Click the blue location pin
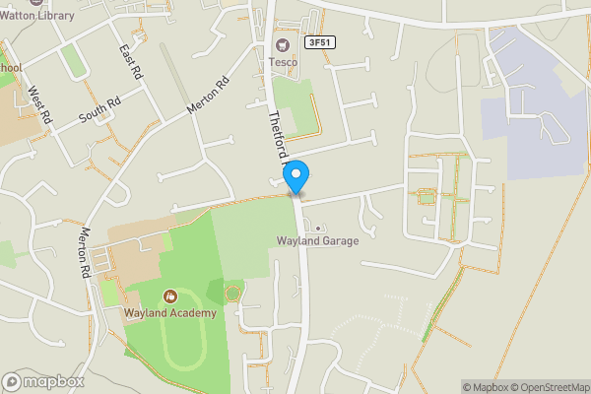296,175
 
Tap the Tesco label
284,62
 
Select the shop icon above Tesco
284,44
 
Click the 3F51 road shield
318,42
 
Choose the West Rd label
38,103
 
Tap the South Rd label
99,108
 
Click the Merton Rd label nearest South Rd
209,94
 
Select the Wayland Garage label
316,241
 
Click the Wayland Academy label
169,313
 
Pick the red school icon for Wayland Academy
169,296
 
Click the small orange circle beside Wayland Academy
232,293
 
